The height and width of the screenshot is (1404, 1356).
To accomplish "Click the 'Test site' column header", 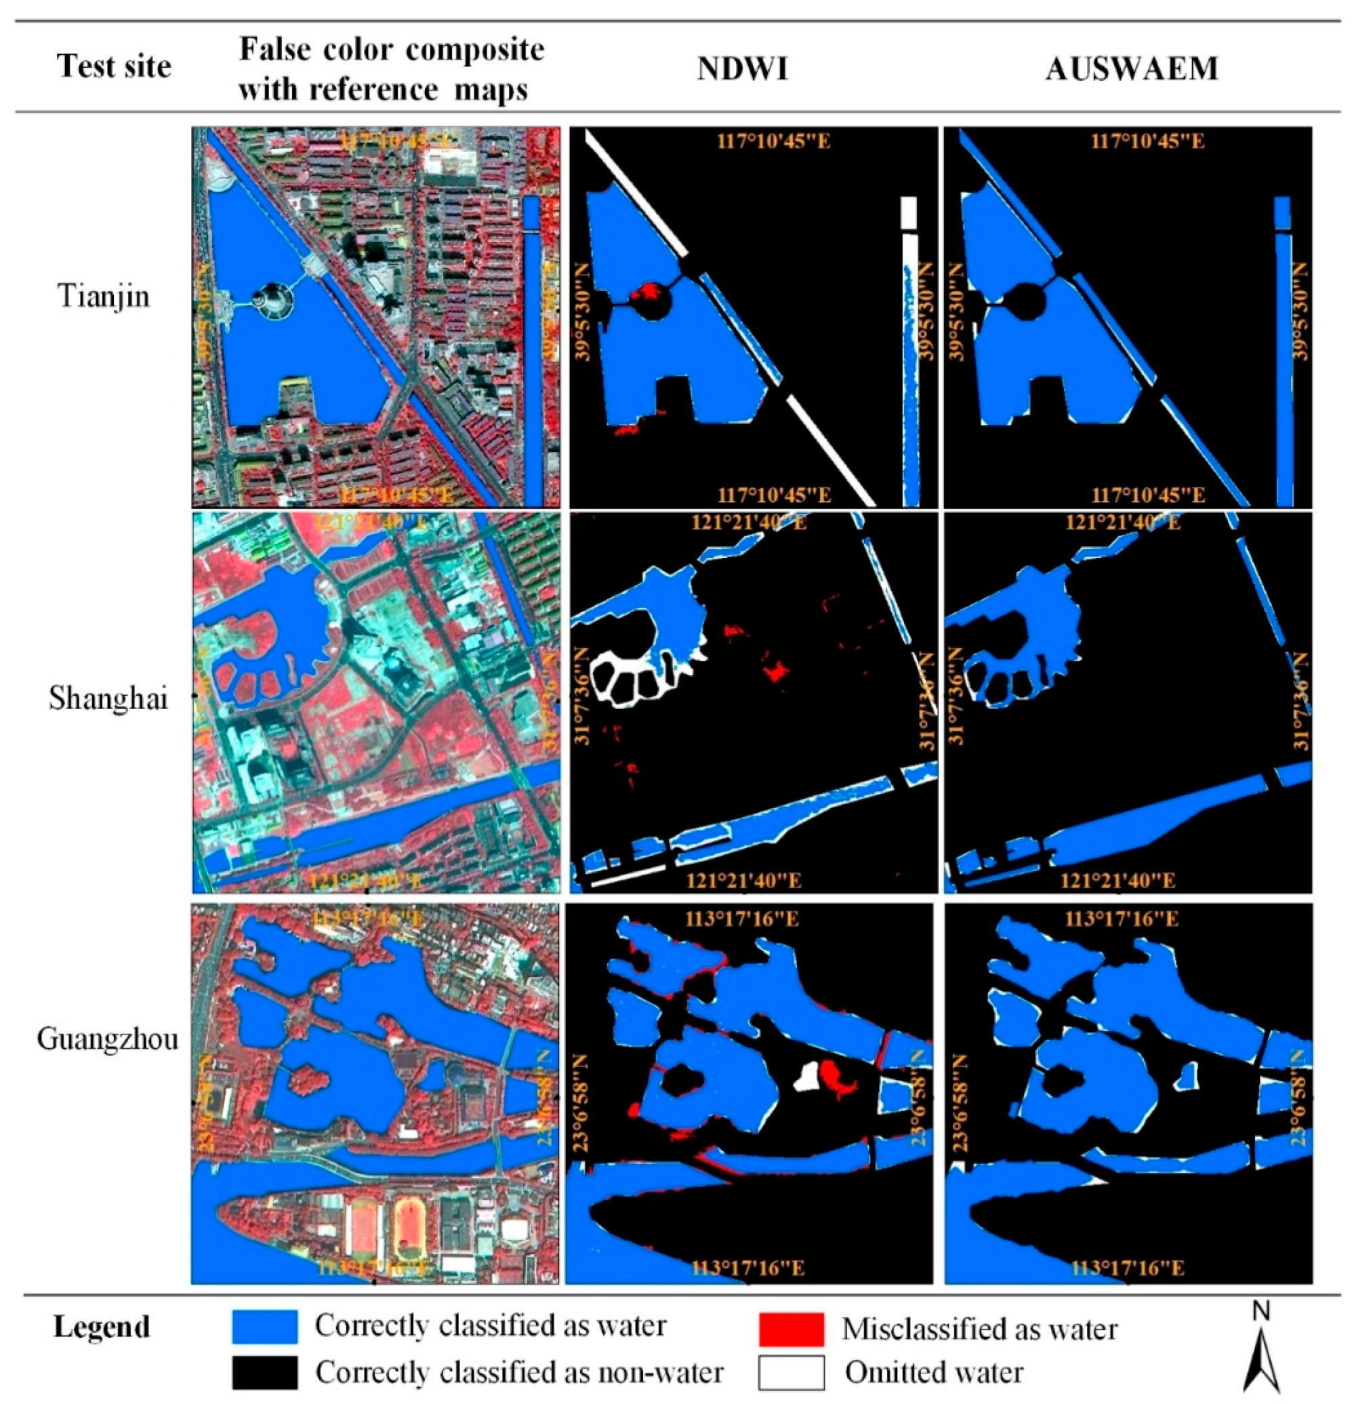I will point(114,66).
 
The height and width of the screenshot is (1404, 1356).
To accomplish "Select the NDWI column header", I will point(743,68).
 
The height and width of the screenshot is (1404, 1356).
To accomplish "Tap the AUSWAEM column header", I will point(1132,68).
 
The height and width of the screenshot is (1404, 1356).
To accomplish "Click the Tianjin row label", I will point(104,295).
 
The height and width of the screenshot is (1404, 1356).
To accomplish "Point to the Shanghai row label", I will point(108,698).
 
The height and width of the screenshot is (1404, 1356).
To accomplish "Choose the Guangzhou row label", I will point(107,1039).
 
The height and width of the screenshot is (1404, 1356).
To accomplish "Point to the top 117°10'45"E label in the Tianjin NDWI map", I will point(773,140).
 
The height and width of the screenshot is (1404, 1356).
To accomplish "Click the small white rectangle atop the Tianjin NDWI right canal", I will point(909,212).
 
